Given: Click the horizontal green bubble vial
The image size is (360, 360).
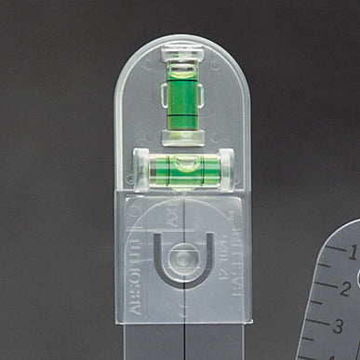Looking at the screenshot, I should [183, 169].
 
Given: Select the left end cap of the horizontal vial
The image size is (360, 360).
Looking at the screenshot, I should [142, 169].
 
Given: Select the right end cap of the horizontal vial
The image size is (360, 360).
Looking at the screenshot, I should [227, 169].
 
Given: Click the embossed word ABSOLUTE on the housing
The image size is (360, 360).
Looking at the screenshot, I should [135, 277].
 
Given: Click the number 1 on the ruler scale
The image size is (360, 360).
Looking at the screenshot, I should [353, 250].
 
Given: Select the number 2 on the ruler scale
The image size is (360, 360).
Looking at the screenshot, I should [345, 287].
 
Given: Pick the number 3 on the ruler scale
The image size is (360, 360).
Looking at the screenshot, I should [339, 326].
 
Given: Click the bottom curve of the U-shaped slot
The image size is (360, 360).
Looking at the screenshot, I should [184, 279].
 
